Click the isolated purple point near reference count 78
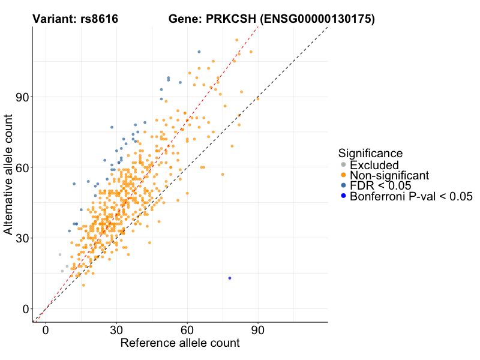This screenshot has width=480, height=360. (x=230, y=278)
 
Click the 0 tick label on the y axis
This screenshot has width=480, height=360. (x=25, y=308)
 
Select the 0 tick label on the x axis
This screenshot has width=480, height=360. (x=46, y=330)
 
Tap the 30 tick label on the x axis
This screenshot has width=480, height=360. (x=116, y=330)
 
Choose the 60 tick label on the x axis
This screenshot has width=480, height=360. (x=187, y=330)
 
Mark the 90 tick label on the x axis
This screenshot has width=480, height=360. (x=258, y=330)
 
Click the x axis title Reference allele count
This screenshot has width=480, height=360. (x=180, y=343)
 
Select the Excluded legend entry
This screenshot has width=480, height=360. (x=374, y=165)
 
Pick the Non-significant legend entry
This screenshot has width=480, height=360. (x=389, y=175)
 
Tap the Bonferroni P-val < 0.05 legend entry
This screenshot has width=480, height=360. (x=412, y=196)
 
